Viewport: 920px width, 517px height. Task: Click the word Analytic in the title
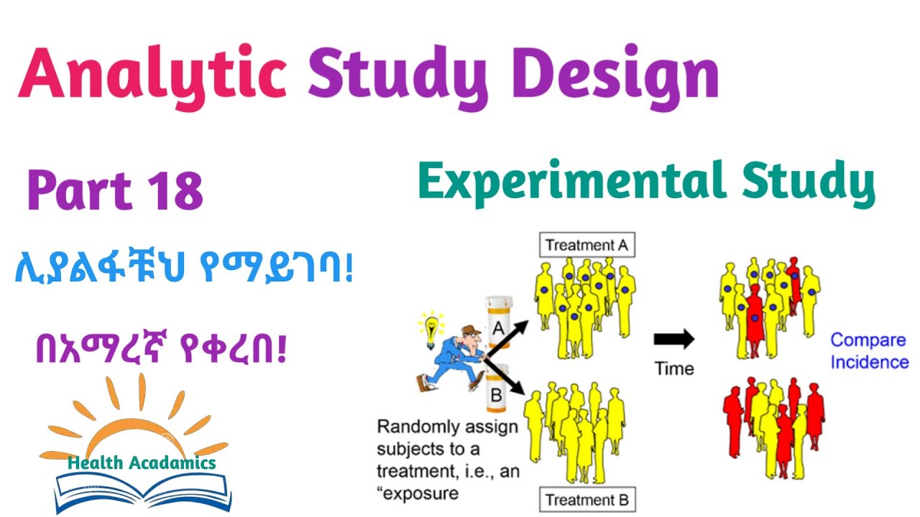click(x=152, y=75)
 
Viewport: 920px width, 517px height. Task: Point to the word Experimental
click(x=567, y=180)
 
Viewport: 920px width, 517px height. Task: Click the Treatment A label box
click(x=586, y=245)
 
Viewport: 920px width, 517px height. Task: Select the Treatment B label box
click(x=587, y=500)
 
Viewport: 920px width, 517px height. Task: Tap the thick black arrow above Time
click(x=673, y=339)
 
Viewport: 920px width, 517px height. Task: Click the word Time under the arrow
click(x=674, y=368)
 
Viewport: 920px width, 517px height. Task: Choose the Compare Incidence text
click(x=869, y=350)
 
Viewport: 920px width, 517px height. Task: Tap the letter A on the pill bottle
click(x=498, y=329)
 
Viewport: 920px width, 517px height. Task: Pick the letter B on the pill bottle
click(x=496, y=394)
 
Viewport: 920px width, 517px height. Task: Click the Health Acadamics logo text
click(x=142, y=463)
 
